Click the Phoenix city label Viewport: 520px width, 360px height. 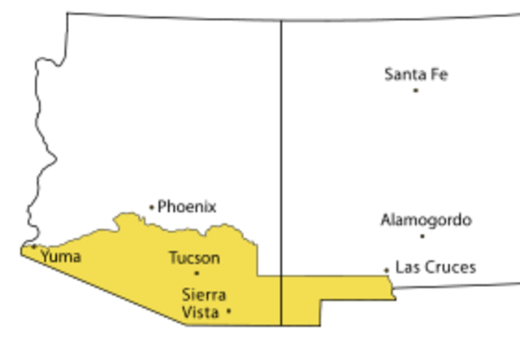click(x=187, y=206)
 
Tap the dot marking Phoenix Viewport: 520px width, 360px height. click(x=151, y=207)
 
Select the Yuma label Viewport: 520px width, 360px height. click(x=60, y=257)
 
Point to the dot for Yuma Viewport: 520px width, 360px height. click(x=34, y=246)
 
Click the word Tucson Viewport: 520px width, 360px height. click(x=194, y=258)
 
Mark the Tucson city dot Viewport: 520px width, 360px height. click(x=196, y=273)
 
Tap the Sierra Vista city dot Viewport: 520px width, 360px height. click(x=229, y=310)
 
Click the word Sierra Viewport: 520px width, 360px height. click(x=204, y=295)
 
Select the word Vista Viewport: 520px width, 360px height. click(x=201, y=312)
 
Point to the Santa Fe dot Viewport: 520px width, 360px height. click(x=415, y=90)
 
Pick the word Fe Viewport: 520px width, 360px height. click(x=439, y=75)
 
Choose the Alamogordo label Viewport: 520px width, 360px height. click(x=426, y=220)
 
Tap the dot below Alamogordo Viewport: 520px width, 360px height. click(x=422, y=236)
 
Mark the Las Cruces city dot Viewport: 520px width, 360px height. click(x=387, y=270)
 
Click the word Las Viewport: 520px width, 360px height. click(x=406, y=267)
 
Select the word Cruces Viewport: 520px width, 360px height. click(x=448, y=267)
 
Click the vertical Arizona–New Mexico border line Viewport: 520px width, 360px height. click(x=281, y=146)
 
